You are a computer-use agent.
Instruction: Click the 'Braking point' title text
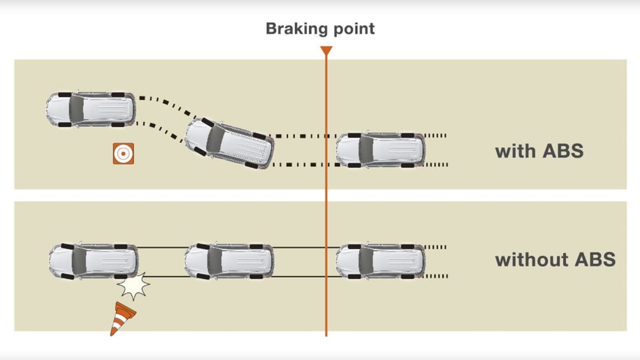tap(320, 28)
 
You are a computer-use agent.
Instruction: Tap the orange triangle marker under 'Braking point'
tap(326, 51)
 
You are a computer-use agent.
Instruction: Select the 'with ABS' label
tap(539, 151)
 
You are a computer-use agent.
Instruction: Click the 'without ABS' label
tap(555, 260)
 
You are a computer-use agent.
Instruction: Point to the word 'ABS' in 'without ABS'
tap(595, 260)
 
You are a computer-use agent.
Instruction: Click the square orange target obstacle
tap(123, 154)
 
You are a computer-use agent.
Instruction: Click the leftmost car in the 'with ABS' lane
tap(90, 109)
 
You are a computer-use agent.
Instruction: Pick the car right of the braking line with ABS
tap(380, 149)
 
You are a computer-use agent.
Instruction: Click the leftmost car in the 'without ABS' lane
tap(93, 261)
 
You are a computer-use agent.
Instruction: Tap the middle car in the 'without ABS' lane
tap(229, 261)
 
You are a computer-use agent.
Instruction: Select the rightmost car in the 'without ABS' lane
tap(380, 261)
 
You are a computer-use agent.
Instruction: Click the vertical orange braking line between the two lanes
tap(326, 195)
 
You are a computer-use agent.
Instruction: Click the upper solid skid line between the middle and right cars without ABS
tap(304, 247)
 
